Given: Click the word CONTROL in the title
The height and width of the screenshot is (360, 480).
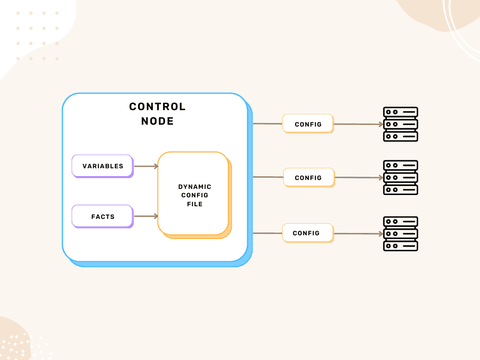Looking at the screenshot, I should click(157, 107).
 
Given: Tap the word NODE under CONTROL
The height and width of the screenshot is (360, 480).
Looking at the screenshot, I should click(157, 121).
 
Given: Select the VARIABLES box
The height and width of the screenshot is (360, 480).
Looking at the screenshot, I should click(102, 165).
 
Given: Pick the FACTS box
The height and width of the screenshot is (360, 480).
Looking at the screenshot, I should click(102, 214).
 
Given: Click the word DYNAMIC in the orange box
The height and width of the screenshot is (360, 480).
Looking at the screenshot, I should click(194, 186).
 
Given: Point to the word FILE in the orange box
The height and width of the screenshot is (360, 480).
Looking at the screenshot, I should click(194, 204).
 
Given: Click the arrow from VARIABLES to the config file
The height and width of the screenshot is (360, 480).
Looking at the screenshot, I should click(145, 165).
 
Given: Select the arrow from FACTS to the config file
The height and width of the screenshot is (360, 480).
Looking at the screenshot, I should click(145, 214).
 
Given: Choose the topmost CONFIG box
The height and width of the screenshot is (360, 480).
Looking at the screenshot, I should click(307, 124).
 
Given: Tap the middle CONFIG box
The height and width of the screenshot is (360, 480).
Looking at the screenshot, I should click(307, 177).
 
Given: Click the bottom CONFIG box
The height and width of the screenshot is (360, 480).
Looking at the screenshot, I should click(307, 232).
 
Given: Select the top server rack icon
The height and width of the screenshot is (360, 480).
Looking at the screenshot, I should click(400, 124).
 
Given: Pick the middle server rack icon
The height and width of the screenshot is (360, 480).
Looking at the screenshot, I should click(400, 177).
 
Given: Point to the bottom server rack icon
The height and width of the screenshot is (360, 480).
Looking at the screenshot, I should click(400, 232).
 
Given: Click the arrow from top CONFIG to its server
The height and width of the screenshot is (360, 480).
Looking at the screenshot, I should click(357, 124).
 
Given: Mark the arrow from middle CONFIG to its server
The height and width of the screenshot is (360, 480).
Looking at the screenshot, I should click(357, 177).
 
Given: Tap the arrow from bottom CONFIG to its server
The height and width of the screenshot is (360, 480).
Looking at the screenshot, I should click(357, 232).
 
